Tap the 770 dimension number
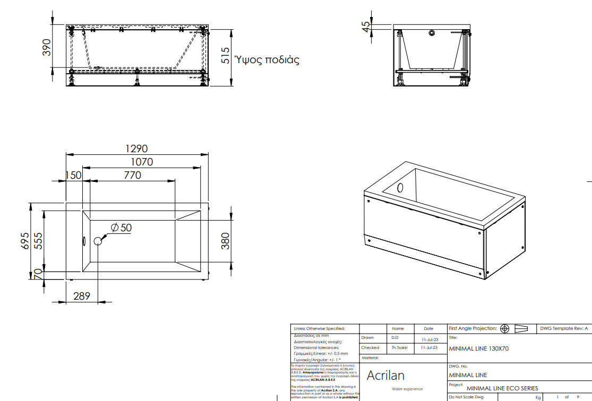[x=132, y=175]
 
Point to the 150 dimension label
[x=73, y=175]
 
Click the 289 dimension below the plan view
[x=81, y=296]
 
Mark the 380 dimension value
[x=225, y=242]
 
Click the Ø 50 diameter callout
[x=122, y=228]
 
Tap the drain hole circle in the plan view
[x=98, y=241]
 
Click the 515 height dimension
[x=225, y=55]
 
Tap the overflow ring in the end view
[x=432, y=33]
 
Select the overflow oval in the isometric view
[x=400, y=188]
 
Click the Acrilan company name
[x=385, y=376]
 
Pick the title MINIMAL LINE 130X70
[x=479, y=349]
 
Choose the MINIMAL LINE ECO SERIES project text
[x=502, y=388]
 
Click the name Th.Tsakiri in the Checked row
[x=399, y=347]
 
